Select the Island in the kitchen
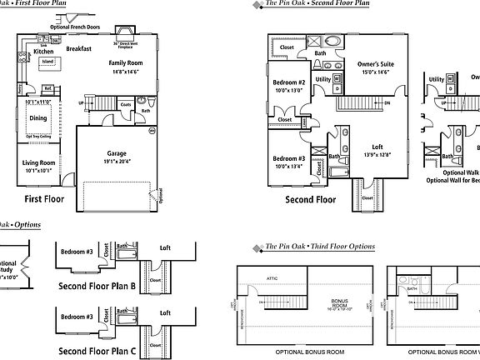pos(48,62)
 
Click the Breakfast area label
pos(78,49)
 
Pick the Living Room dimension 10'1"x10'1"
pos(37,171)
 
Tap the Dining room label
pos(38,118)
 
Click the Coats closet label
pos(125,104)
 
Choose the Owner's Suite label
pos(375,64)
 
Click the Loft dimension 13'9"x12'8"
pos(377,155)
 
